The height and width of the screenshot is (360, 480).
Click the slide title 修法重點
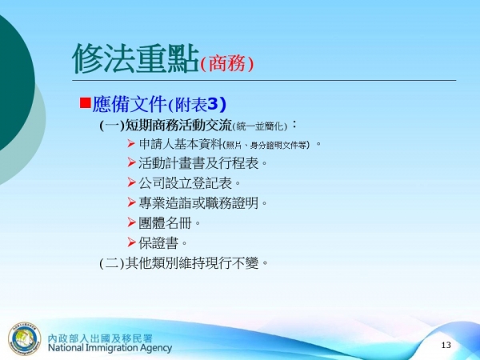click(134, 58)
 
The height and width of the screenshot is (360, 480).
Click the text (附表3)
click(198, 104)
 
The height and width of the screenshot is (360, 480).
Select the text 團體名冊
click(165, 222)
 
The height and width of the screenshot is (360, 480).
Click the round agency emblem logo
click(24, 337)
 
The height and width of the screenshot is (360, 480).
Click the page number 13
click(446, 344)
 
